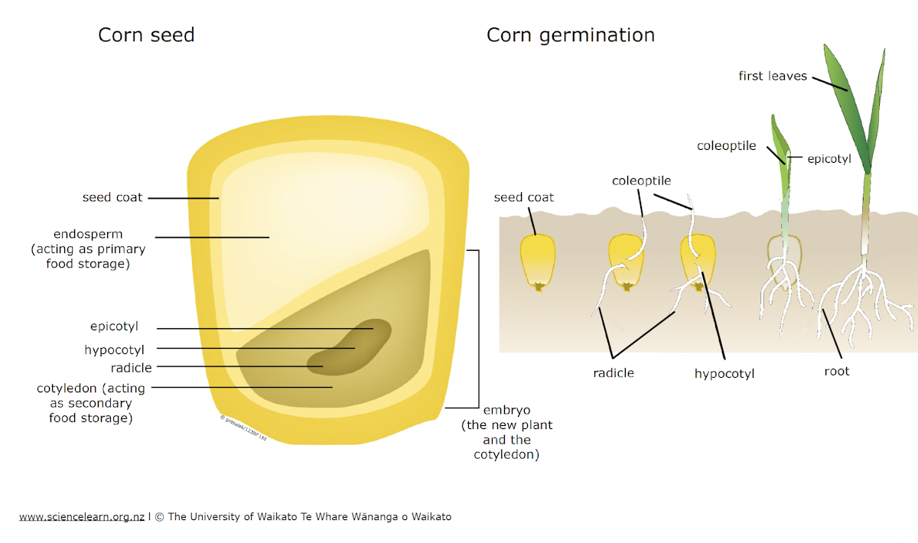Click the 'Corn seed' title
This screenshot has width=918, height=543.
(146, 35)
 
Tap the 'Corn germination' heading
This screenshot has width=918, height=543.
(571, 36)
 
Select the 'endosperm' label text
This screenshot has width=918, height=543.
(88, 234)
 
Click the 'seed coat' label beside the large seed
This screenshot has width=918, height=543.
(112, 197)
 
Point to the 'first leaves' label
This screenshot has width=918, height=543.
(773, 76)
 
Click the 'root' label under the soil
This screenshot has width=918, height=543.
(836, 371)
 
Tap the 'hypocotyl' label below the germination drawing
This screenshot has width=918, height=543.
(724, 374)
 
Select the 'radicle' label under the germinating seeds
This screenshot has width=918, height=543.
(614, 373)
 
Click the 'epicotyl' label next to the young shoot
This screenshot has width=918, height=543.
(829, 159)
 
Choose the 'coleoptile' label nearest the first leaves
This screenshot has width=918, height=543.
(727, 146)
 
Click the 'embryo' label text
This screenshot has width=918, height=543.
(506, 410)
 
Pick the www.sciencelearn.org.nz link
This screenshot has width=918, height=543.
(82, 517)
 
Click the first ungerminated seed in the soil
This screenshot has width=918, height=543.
(538, 262)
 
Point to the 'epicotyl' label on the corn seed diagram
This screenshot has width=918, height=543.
(114, 327)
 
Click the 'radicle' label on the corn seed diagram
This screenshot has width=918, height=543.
(131, 368)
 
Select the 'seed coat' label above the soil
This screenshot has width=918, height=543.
(524, 197)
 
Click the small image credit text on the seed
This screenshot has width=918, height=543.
(243, 428)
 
